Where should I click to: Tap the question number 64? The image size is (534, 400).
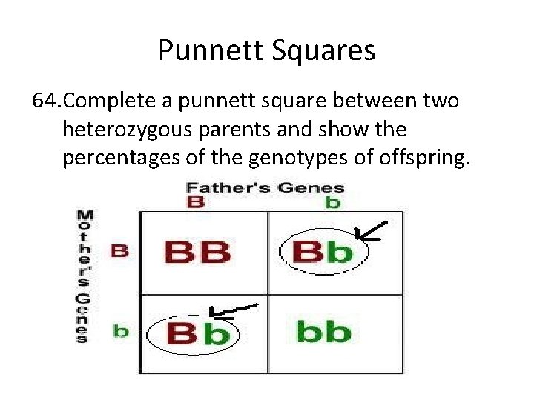coord(50,101)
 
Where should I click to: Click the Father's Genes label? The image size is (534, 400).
coord(265,187)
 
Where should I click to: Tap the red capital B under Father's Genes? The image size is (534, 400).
coord(195,201)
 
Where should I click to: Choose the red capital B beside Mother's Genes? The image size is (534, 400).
coord(119,250)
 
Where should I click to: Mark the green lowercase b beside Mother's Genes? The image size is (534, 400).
coord(119,330)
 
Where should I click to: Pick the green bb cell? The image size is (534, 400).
coord(323,331)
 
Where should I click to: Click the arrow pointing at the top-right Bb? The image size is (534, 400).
coord(371,233)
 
